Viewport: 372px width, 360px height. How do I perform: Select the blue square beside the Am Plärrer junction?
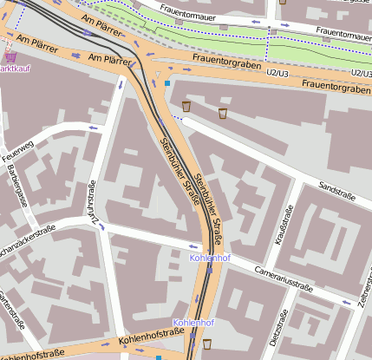(x=167, y=83)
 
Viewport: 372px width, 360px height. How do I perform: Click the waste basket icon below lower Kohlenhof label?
(x=206, y=345)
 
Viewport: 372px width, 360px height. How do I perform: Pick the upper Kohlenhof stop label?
(x=209, y=258)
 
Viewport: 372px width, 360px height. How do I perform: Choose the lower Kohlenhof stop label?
(x=193, y=323)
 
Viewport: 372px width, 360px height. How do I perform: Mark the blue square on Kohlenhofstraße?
(x=159, y=357)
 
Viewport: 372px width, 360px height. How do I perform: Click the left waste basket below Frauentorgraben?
(x=186, y=106)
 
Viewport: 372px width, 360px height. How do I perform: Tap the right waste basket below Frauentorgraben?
(x=222, y=113)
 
